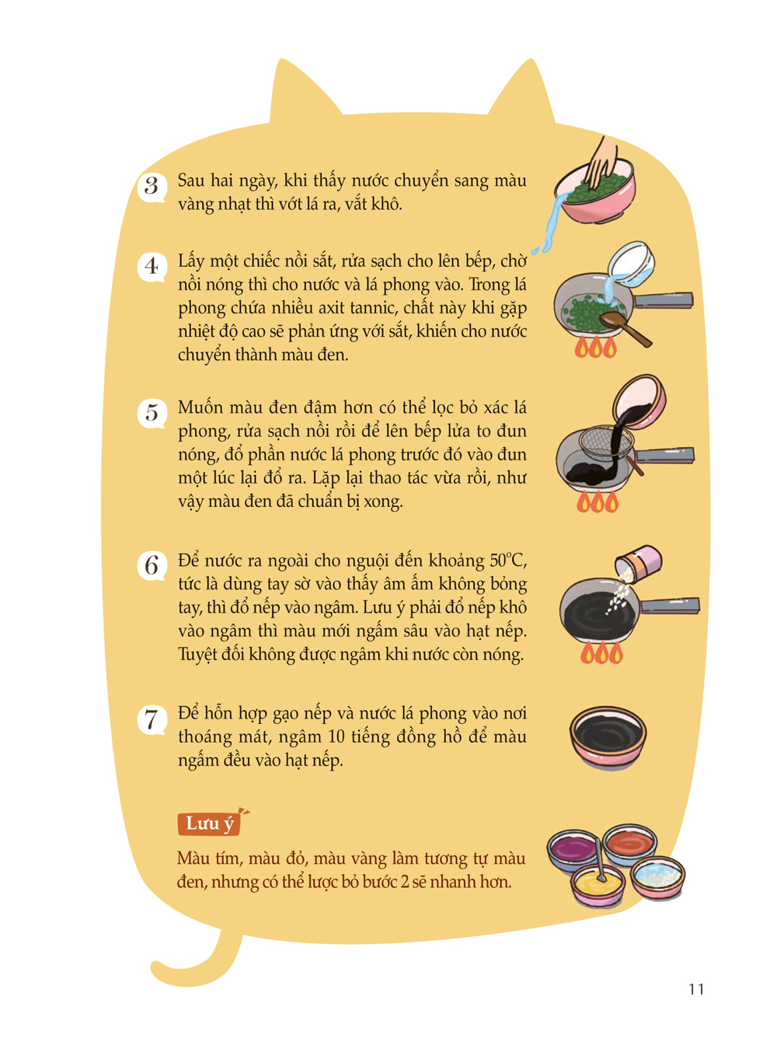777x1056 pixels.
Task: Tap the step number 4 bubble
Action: coord(151,267)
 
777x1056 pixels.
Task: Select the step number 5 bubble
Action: coord(151,414)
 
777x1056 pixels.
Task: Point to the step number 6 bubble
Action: coord(151,566)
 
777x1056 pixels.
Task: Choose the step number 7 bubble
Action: coord(151,720)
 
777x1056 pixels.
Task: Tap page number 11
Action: coord(696,988)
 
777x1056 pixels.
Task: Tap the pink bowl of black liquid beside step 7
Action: coord(608,737)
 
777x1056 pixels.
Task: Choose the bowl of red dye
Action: coord(629,844)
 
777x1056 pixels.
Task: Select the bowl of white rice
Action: coord(657,877)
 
